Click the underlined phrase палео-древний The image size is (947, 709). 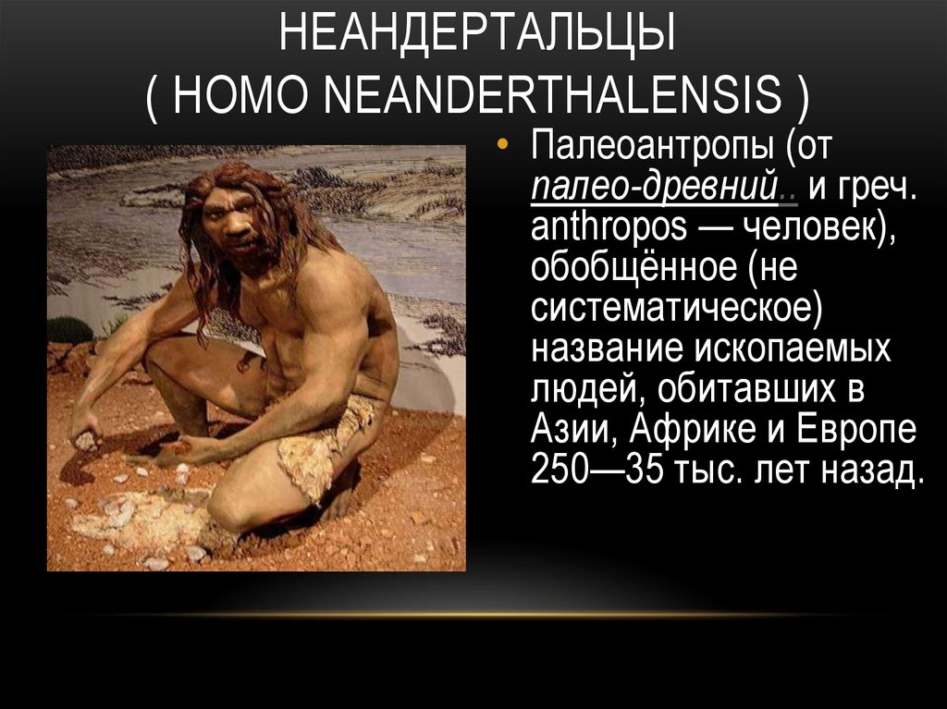(x=653, y=189)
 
